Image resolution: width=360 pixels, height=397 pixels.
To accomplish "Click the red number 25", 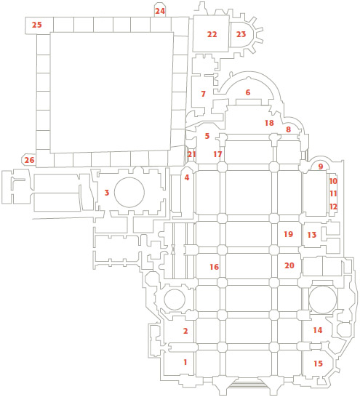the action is [x=36, y=25].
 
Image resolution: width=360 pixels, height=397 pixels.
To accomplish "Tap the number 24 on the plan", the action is [x=160, y=11].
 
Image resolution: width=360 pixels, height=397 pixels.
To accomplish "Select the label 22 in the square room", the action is [x=212, y=34].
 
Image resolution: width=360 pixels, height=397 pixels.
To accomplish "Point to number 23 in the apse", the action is [x=241, y=34].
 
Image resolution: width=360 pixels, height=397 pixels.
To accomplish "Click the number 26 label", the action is [x=29, y=160].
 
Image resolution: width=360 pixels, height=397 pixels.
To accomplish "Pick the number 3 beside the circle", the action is [x=107, y=193].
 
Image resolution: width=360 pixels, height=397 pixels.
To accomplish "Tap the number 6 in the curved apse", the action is [x=248, y=92].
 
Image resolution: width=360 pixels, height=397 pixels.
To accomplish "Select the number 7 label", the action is [x=203, y=94].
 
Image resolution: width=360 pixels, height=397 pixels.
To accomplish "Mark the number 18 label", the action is [x=269, y=123].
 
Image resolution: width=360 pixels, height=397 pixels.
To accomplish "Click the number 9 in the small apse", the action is [x=321, y=167].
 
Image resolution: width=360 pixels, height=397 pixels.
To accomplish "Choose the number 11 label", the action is [x=333, y=193].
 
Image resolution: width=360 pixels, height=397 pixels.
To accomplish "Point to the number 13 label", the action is [x=312, y=235].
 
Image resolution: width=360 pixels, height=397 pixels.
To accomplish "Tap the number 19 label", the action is [x=288, y=234].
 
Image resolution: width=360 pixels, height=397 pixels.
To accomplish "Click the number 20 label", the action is [x=289, y=265].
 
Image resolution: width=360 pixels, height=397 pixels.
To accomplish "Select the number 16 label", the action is [x=214, y=267].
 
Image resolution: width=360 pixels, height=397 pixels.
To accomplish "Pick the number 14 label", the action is [x=318, y=330].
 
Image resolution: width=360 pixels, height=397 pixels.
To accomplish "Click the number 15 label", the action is [x=319, y=364].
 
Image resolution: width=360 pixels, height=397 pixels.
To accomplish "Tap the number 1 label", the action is [x=185, y=362].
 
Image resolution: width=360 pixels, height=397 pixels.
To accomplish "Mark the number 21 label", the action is [x=192, y=154].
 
